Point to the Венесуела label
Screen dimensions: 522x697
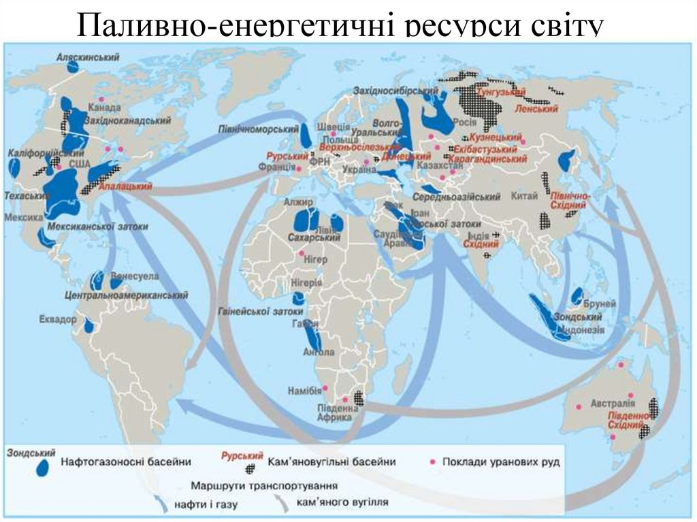click(x=134, y=277)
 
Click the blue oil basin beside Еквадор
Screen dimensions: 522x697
click(x=88, y=325)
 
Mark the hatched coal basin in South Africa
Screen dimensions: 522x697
click(x=357, y=400)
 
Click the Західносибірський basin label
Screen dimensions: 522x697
click(x=395, y=91)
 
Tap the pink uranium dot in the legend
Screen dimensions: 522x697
click(x=432, y=462)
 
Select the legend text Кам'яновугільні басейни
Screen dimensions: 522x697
click(x=331, y=462)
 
